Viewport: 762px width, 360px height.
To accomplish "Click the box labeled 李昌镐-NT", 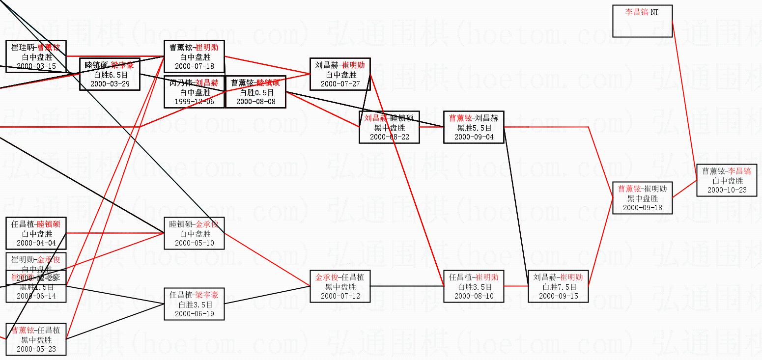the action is tap(642, 21).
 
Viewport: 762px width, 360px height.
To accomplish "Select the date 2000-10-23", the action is tap(727, 190).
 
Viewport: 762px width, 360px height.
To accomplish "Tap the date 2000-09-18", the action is tap(642, 207).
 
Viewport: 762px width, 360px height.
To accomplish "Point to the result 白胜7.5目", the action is tap(558, 287).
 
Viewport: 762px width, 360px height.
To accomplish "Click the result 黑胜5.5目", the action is tap(474, 128).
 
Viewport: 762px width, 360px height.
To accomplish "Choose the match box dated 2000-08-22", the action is tap(389, 127).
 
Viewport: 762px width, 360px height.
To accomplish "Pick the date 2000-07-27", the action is tap(340, 84).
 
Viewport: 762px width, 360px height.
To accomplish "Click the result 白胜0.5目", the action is tap(255, 92).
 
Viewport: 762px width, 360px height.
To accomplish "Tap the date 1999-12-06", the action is tap(194, 102).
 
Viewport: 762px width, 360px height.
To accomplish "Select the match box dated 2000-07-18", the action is tap(194, 56).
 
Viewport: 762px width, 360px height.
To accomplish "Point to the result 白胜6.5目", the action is tap(110, 75).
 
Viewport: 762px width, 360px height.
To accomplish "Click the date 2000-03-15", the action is tap(36, 66).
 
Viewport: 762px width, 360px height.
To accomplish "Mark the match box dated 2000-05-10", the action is tap(194, 233).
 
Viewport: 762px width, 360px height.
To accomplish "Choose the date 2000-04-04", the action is tap(36, 243).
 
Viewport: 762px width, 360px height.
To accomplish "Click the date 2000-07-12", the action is tap(340, 296).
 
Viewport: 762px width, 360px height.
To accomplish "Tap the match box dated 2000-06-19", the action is tap(194, 304).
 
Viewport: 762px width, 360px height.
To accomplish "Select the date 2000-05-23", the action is tap(36, 349).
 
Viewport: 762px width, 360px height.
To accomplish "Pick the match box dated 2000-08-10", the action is tap(474, 286).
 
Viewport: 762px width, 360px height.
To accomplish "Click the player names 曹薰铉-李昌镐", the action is tap(727, 171).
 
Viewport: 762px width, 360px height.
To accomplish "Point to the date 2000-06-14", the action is tap(36, 296).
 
